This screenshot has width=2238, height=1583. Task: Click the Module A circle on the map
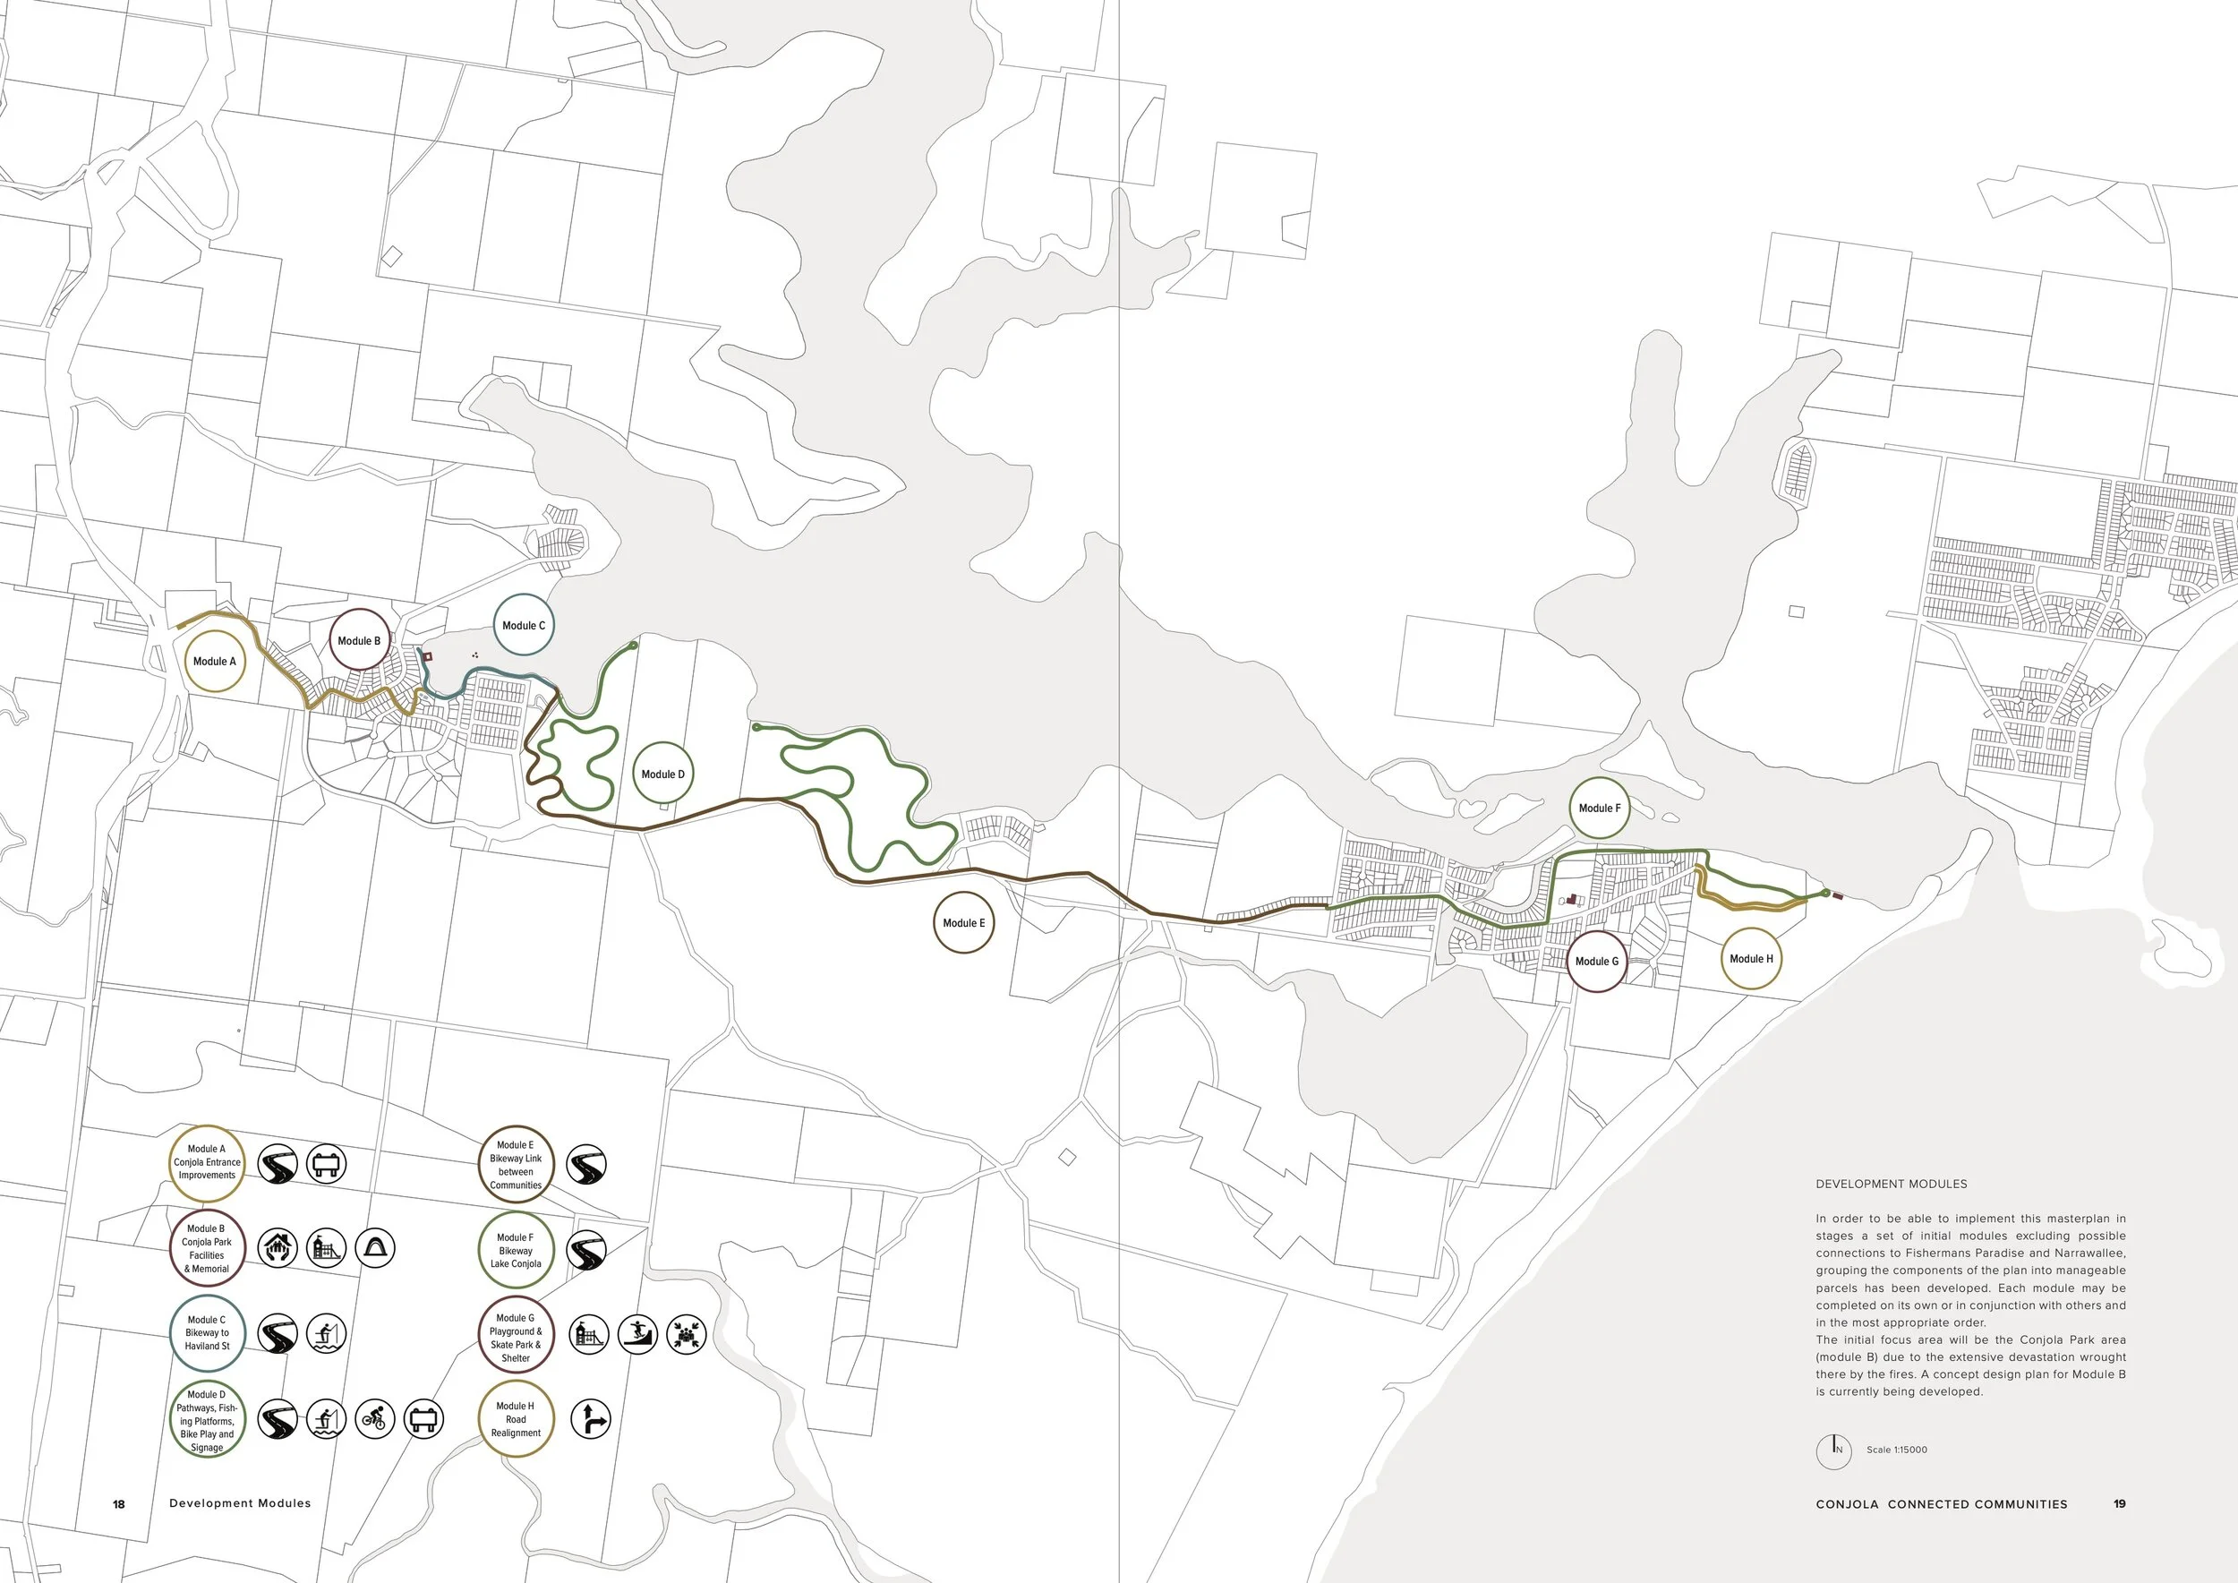(215, 661)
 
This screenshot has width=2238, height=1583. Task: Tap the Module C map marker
(524, 625)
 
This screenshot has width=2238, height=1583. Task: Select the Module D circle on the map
(662, 774)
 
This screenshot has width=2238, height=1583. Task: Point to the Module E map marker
(963, 922)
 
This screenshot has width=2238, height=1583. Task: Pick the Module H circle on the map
(1751, 958)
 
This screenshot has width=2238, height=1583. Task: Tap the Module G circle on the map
(1597, 961)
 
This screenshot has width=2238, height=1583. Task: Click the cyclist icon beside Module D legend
(374, 1418)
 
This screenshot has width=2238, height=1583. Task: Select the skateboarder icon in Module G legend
(637, 1333)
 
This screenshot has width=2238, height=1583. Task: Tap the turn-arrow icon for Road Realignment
(590, 1419)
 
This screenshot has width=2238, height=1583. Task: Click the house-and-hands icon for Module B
(278, 1247)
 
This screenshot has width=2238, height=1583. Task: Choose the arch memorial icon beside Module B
(375, 1247)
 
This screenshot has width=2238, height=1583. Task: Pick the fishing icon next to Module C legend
(327, 1333)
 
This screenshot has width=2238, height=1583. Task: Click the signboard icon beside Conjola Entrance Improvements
(327, 1163)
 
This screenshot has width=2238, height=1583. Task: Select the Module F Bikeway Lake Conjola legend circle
(516, 1250)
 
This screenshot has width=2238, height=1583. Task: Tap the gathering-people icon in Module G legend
(687, 1333)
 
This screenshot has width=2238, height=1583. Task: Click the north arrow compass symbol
(1833, 1450)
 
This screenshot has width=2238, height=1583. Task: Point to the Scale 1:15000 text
(1896, 1450)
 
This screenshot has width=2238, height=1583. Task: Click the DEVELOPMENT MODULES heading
(1890, 1184)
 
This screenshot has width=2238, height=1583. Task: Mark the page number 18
(119, 1504)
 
